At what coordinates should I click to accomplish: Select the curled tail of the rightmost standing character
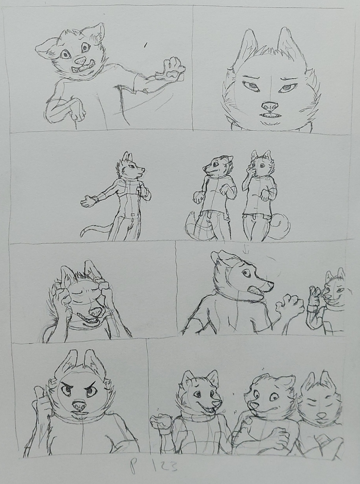[x=282, y=225]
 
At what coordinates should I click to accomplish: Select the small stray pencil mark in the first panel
[x=146, y=45]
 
